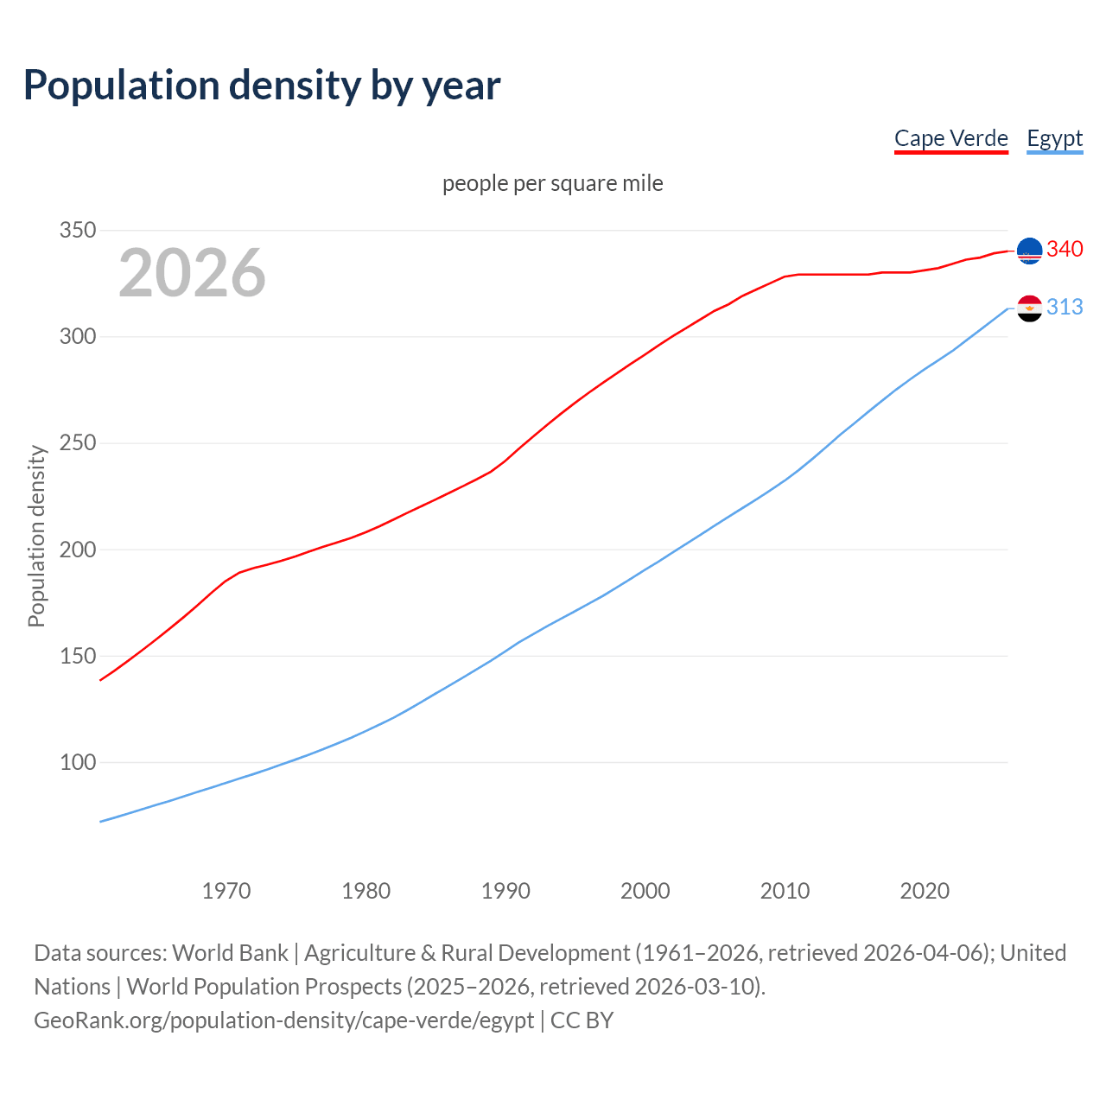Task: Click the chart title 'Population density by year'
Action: (262, 86)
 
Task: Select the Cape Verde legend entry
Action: (950, 138)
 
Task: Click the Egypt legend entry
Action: (1054, 138)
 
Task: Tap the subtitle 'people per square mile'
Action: (553, 183)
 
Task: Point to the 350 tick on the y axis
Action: (77, 230)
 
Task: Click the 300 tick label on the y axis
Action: (77, 336)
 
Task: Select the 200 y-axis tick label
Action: (77, 550)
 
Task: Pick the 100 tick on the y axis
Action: (77, 762)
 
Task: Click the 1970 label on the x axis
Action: (226, 890)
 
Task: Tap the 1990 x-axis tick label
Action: (505, 890)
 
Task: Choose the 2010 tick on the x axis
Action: (785, 890)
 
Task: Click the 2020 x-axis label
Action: (925, 890)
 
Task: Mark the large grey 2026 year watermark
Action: (192, 273)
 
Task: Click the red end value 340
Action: (1065, 249)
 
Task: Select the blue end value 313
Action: (1065, 307)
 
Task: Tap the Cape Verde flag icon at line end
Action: (1029, 251)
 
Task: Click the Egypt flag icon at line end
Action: (1029, 308)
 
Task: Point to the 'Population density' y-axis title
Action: (36, 536)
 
